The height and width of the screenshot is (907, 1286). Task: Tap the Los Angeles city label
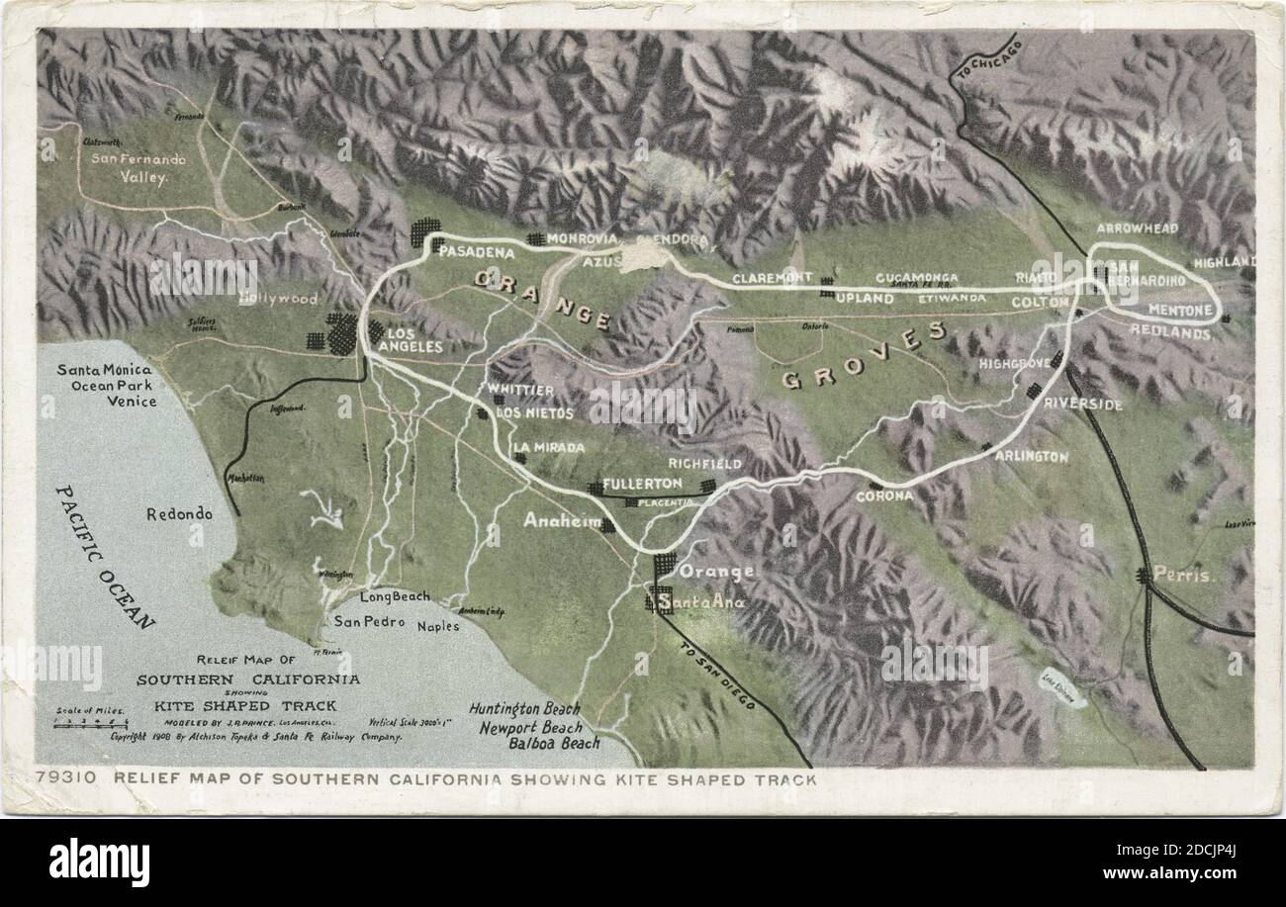point(409,339)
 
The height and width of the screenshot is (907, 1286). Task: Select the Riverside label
point(1083,405)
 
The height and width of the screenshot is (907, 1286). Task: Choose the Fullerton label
point(642,484)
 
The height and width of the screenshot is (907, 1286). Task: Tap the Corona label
point(883,496)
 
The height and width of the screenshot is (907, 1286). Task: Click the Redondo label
point(179,514)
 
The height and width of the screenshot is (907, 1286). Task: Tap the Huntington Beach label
point(525,709)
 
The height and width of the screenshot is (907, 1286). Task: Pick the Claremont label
point(772,278)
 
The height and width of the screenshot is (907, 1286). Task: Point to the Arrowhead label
point(1137,228)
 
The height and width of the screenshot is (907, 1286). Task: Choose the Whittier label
point(520,390)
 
